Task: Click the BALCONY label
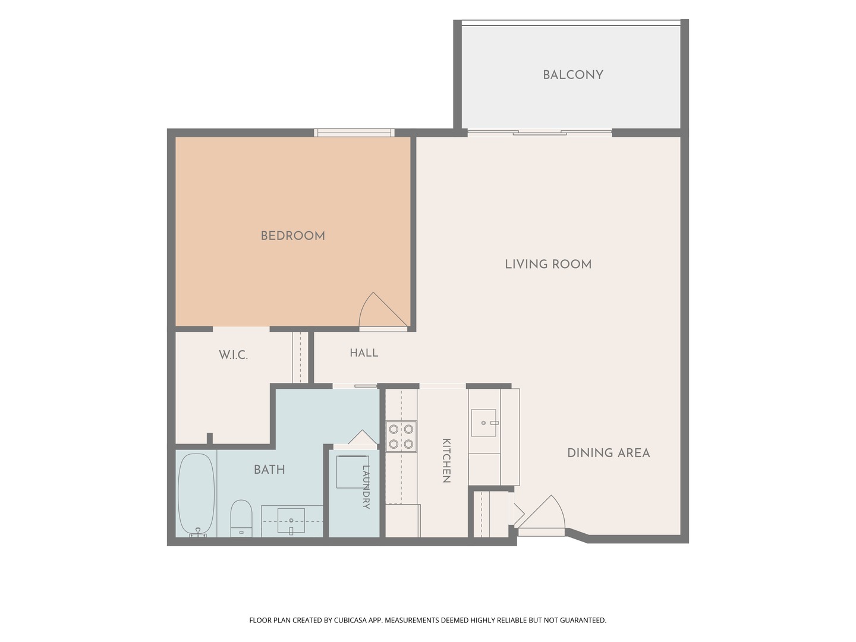[573, 74]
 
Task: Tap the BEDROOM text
[292, 236]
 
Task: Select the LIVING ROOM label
[548, 265]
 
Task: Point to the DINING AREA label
[608, 453]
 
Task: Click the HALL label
[363, 353]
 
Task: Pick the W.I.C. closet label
[233, 355]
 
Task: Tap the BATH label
[269, 470]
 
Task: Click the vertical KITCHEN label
[446, 461]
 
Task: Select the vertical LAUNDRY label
[366, 487]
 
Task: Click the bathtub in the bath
[196, 494]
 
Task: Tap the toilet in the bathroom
[241, 518]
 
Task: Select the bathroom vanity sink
[291, 520]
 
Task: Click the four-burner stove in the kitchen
[401, 436]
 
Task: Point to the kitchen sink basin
[483, 423]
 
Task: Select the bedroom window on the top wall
[354, 133]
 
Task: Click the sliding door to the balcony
[539, 133]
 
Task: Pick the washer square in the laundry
[353, 471]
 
